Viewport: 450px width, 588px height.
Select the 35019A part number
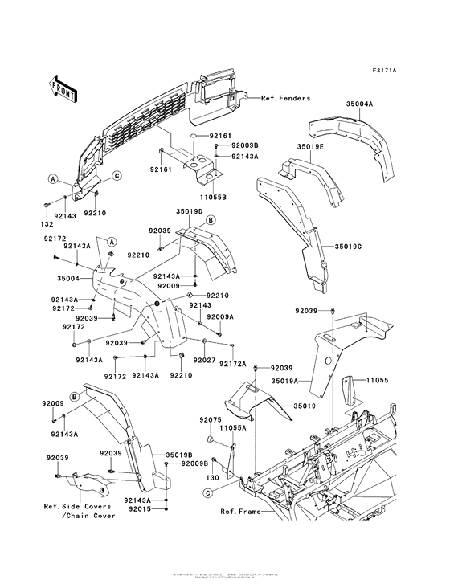pos(285,381)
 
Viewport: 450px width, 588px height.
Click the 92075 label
pos(211,419)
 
